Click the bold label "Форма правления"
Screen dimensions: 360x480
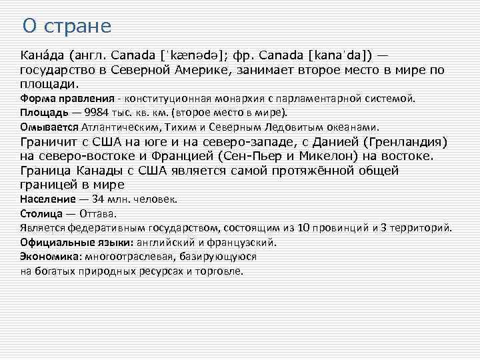64,98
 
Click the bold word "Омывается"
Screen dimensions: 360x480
49,126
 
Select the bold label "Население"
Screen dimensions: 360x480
48,199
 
